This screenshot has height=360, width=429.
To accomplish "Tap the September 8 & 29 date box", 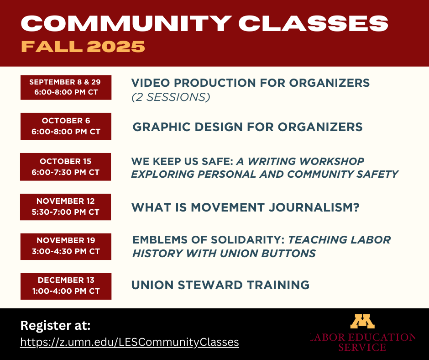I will [66, 87].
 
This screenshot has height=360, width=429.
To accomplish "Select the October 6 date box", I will [66, 127].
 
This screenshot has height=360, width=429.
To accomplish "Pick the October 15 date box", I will [66, 167].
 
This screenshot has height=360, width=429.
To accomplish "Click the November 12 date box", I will [66, 206].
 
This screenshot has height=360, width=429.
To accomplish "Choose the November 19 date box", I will [66, 246].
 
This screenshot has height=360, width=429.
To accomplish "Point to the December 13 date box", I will [66, 286].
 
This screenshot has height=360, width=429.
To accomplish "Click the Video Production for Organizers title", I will [250, 83].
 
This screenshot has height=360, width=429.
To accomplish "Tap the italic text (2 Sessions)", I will [171, 97].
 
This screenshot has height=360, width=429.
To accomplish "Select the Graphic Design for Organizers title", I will [247, 127].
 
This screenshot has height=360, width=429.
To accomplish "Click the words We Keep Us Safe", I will [182, 161].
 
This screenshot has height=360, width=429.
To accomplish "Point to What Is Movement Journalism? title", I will [246, 207].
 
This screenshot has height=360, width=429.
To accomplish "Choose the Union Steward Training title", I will [220, 285].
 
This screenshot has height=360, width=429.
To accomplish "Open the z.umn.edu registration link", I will [130, 342].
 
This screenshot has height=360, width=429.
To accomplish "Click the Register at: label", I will [55, 326].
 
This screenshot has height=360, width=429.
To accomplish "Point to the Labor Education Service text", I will [362, 342].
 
